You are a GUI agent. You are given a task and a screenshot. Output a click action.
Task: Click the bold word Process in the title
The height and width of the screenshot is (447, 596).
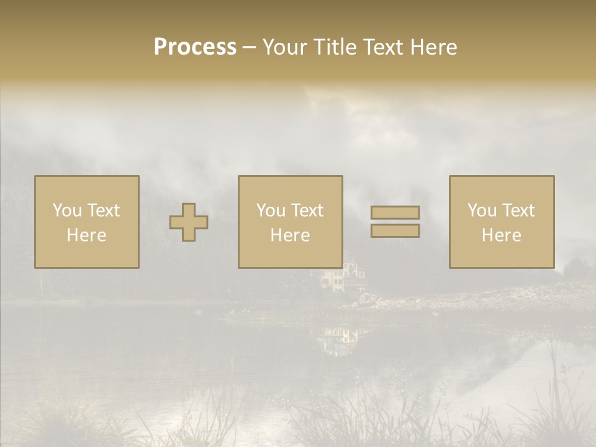tap(195, 47)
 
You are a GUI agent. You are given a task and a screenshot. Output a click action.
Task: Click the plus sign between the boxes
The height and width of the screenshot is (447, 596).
tap(189, 222)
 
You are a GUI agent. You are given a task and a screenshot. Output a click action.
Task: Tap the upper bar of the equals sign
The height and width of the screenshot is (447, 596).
tap(395, 213)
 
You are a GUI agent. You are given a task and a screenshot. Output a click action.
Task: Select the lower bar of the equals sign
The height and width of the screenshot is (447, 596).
tap(395, 231)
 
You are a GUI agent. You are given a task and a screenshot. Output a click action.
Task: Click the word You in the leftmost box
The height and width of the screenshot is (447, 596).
tap(67, 210)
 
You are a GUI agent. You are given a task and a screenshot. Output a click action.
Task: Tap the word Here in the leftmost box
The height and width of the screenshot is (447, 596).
tap(86, 235)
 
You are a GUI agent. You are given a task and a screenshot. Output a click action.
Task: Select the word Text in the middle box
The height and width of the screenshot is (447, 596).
tap(307, 210)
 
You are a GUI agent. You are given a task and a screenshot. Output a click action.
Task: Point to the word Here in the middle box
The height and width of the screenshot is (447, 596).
tap(290, 235)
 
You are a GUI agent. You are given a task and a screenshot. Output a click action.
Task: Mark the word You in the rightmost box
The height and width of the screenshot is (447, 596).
tap(482, 210)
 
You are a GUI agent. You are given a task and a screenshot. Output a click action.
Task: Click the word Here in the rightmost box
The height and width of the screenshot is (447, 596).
tap(502, 235)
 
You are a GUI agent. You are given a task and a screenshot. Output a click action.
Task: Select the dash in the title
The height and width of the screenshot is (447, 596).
tap(250, 48)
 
